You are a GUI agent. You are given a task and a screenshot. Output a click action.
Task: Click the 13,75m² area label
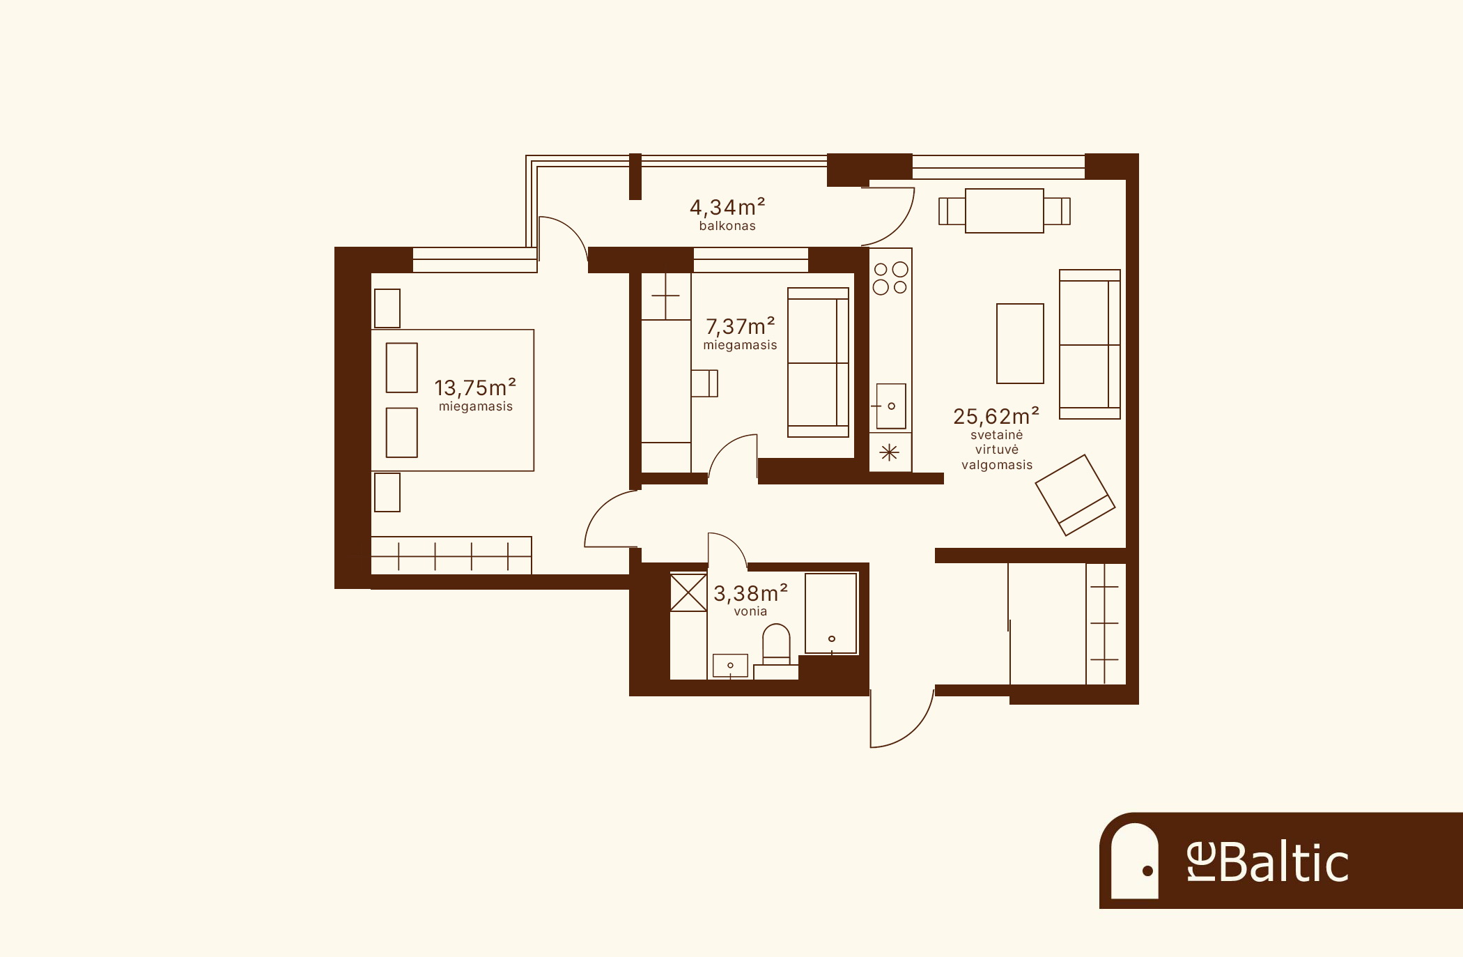click(x=475, y=388)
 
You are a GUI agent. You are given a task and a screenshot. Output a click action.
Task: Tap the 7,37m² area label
click(x=741, y=326)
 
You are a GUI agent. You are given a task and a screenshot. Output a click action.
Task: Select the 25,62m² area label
click(x=996, y=416)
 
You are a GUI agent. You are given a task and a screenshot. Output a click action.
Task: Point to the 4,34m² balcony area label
click(x=727, y=207)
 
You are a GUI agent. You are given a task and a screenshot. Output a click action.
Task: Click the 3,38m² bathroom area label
click(x=750, y=593)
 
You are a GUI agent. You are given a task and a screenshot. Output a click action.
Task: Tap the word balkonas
click(x=727, y=226)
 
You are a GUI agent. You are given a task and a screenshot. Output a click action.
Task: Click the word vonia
click(x=750, y=611)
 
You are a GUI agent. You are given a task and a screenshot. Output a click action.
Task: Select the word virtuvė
click(x=997, y=450)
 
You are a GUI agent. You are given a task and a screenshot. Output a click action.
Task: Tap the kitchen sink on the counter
click(x=891, y=406)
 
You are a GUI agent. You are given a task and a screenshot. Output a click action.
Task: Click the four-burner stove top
click(x=890, y=277)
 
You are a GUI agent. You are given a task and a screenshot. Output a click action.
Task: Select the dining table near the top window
click(x=1005, y=210)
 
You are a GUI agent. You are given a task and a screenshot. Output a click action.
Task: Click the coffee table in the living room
click(x=1020, y=344)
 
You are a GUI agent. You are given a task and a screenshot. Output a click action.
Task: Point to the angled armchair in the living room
click(x=1075, y=496)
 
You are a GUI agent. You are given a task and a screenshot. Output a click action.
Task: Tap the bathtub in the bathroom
click(x=831, y=613)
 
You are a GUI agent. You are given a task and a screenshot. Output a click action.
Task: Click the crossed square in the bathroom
click(x=688, y=592)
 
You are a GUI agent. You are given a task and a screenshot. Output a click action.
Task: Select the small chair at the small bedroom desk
click(x=704, y=383)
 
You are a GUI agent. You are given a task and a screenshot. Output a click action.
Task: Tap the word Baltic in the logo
click(x=1283, y=862)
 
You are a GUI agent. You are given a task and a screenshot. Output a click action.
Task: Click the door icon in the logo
click(x=1134, y=861)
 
